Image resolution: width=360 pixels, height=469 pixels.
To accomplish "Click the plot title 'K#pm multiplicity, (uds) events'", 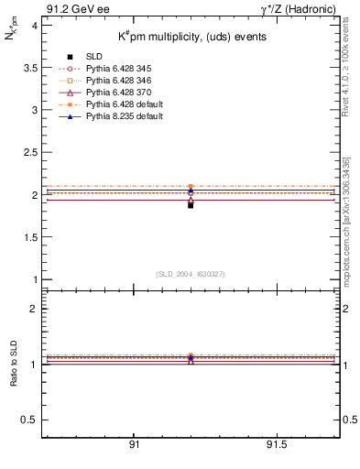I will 191,37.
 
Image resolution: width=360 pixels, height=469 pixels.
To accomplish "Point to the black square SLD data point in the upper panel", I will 191,205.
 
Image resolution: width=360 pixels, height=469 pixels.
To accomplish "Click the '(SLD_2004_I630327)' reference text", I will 191,273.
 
